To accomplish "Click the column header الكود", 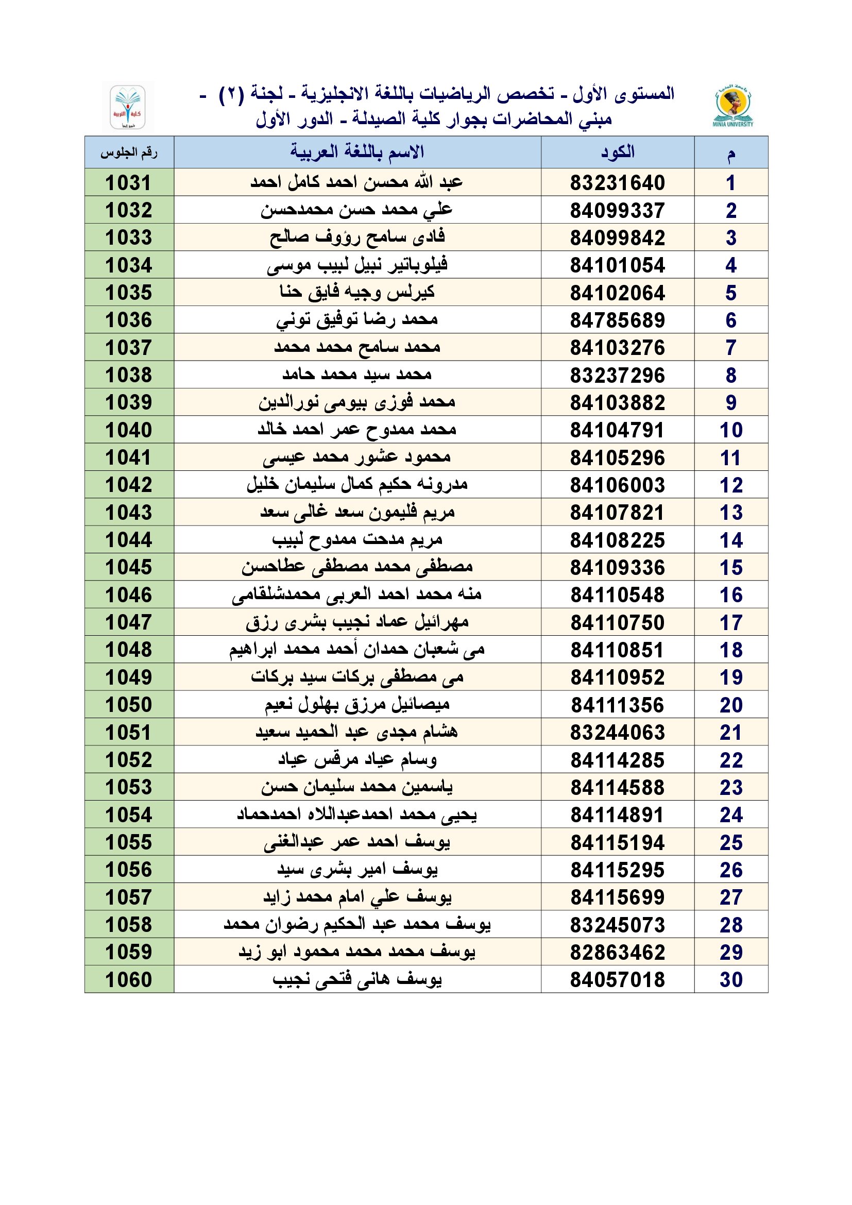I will (x=618, y=152).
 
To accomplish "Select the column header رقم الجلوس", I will (x=129, y=152).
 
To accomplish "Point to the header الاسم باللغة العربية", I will (x=357, y=152).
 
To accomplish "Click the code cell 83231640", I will (x=618, y=183).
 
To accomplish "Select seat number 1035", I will (x=129, y=293).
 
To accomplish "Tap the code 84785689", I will (x=618, y=320).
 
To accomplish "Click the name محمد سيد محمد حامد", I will (x=357, y=375).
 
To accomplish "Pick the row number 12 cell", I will (x=731, y=485).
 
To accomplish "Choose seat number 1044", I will (x=129, y=540).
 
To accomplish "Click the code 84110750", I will (x=618, y=622).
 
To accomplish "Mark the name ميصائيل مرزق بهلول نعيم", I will (x=357, y=704).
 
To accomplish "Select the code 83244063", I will (x=618, y=732).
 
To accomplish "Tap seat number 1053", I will (x=129, y=787).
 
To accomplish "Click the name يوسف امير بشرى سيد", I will (x=357, y=870).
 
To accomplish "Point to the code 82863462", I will (x=618, y=952).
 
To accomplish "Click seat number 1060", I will (x=129, y=980).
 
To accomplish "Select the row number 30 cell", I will (x=731, y=980).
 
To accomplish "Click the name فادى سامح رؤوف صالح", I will (x=357, y=237).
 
